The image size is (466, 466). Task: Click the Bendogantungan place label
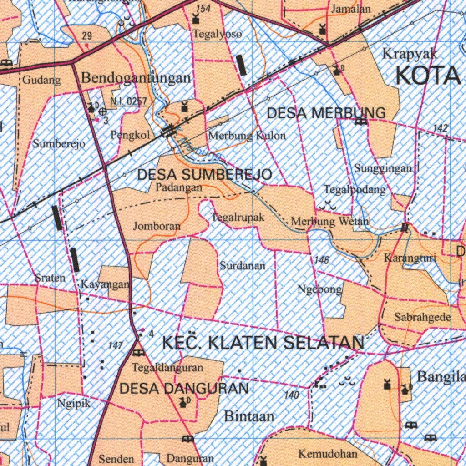click(x=136, y=78)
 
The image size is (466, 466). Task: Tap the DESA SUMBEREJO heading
click(x=205, y=174)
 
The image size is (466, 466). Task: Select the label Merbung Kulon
click(x=247, y=135)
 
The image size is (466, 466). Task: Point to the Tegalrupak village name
click(x=238, y=217)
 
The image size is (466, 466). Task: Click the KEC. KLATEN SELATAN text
click(x=263, y=343)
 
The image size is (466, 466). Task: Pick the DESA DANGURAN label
click(x=184, y=388)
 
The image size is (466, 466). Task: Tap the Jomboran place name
click(x=157, y=226)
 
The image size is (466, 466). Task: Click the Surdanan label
click(x=243, y=265)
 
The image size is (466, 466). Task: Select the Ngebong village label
click(x=319, y=289)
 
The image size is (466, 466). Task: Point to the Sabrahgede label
click(x=423, y=317)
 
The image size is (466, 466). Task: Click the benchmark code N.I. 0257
click(x=129, y=101)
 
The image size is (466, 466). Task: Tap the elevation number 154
click(x=203, y=9)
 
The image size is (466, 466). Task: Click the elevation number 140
click(x=292, y=395)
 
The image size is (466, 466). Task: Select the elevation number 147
click(x=116, y=346)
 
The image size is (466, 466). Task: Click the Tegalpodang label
click(x=355, y=189)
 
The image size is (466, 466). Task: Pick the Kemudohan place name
click(x=328, y=454)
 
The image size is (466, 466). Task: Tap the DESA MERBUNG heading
click(x=326, y=113)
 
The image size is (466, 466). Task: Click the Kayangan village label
click(x=105, y=284)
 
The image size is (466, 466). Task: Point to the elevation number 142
click(x=440, y=128)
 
